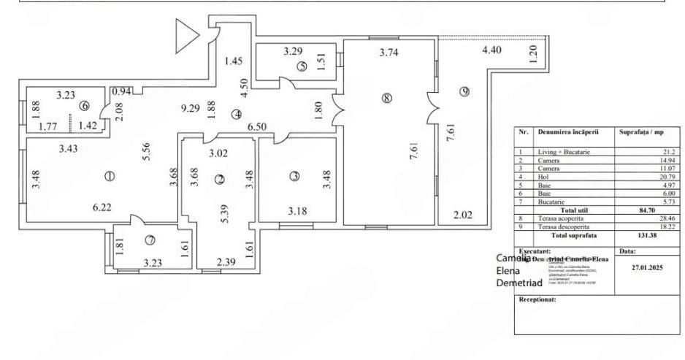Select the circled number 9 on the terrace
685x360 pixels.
465,91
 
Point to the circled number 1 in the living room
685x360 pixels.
110,176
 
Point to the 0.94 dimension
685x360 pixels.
121,91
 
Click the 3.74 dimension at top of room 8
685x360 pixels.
391,52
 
